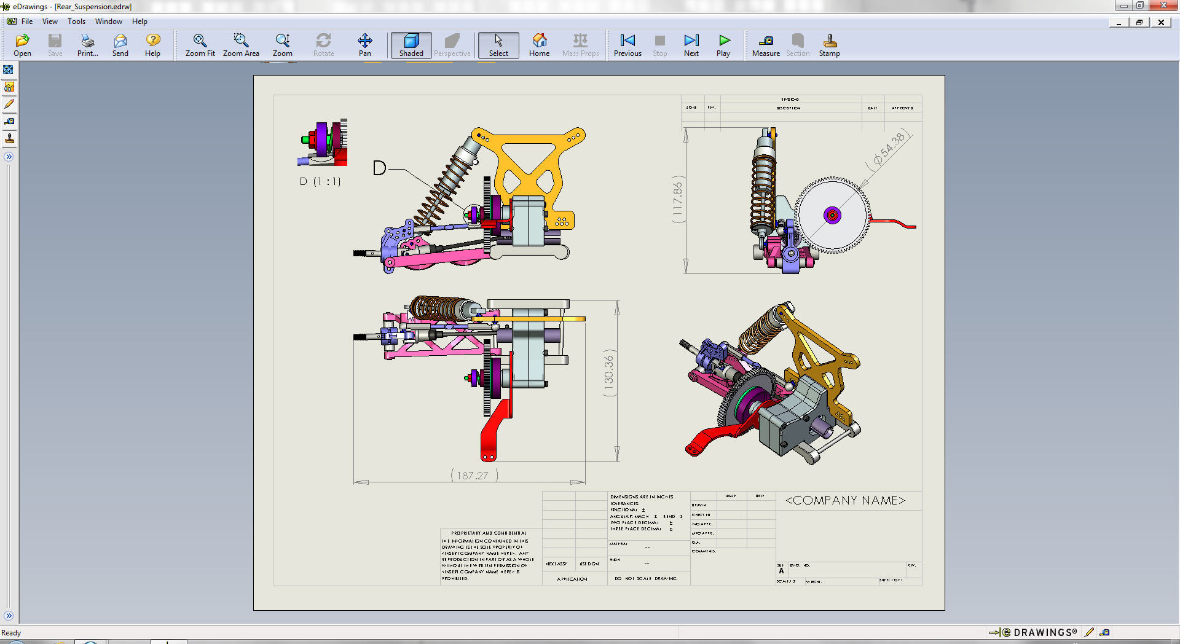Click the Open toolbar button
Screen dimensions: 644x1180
[22, 45]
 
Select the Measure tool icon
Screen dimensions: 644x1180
[766, 45]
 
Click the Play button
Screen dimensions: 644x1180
[723, 45]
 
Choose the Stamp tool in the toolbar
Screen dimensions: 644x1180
[829, 45]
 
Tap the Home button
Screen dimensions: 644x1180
[539, 45]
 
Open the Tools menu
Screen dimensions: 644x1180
[76, 22]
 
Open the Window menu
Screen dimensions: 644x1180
[108, 22]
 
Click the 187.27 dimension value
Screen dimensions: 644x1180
[473, 476]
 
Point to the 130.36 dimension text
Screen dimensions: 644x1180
[609, 375]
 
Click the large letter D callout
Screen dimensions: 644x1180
[379, 168]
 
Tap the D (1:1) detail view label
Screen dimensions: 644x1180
[320, 182]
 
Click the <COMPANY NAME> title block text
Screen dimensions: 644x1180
[845, 501]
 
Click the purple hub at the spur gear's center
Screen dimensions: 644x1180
[832, 215]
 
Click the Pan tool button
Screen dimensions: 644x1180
[364, 45]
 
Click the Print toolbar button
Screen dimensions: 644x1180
[87, 45]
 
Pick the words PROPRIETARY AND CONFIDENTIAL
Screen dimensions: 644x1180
[489, 533]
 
